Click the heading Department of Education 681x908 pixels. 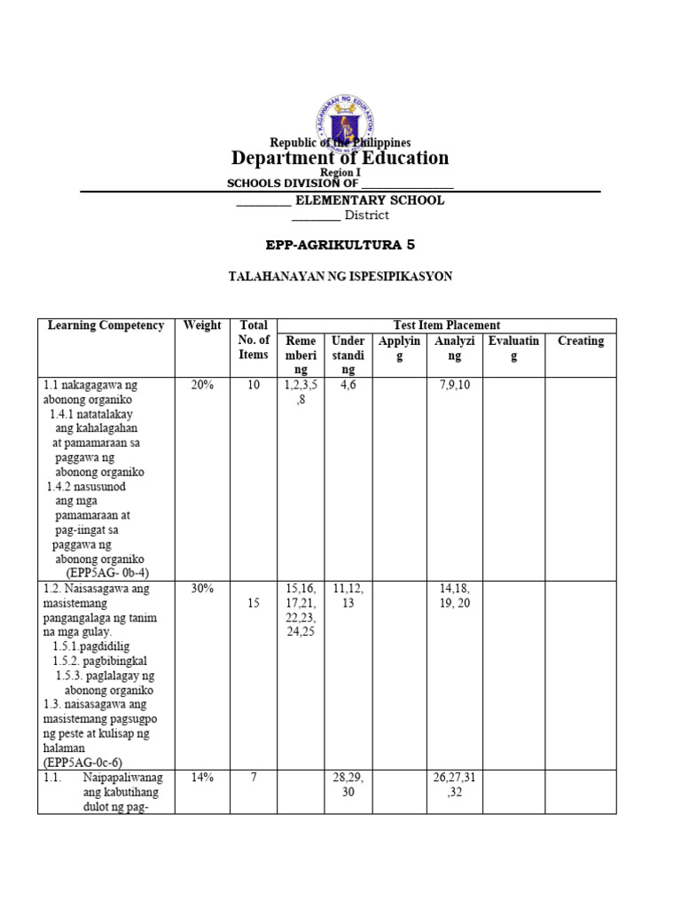pyautogui.click(x=340, y=159)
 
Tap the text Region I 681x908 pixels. pyautogui.click(x=340, y=173)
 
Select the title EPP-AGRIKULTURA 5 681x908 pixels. pyautogui.click(x=340, y=243)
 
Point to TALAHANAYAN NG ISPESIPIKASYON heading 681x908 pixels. pyautogui.click(x=340, y=277)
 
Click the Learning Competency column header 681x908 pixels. pyautogui.click(x=106, y=325)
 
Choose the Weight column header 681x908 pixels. pyautogui.click(x=202, y=325)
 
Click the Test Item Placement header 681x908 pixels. pyautogui.click(x=446, y=325)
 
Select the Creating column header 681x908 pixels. pyautogui.click(x=580, y=340)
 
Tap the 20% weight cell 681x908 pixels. pyautogui.click(x=202, y=386)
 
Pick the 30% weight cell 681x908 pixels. pyautogui.click(x=202, y=589)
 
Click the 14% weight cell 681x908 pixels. pyautogui.click(x=202, y=778)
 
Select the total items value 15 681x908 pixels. pyautogui.click(x=253, y=603)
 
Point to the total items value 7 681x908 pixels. pyautogui.click(x=253, y=778)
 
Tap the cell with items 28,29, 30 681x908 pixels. pyautogui.click(x=348, y=785)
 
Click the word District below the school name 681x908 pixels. pyautogui.click(x=366, y=215)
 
